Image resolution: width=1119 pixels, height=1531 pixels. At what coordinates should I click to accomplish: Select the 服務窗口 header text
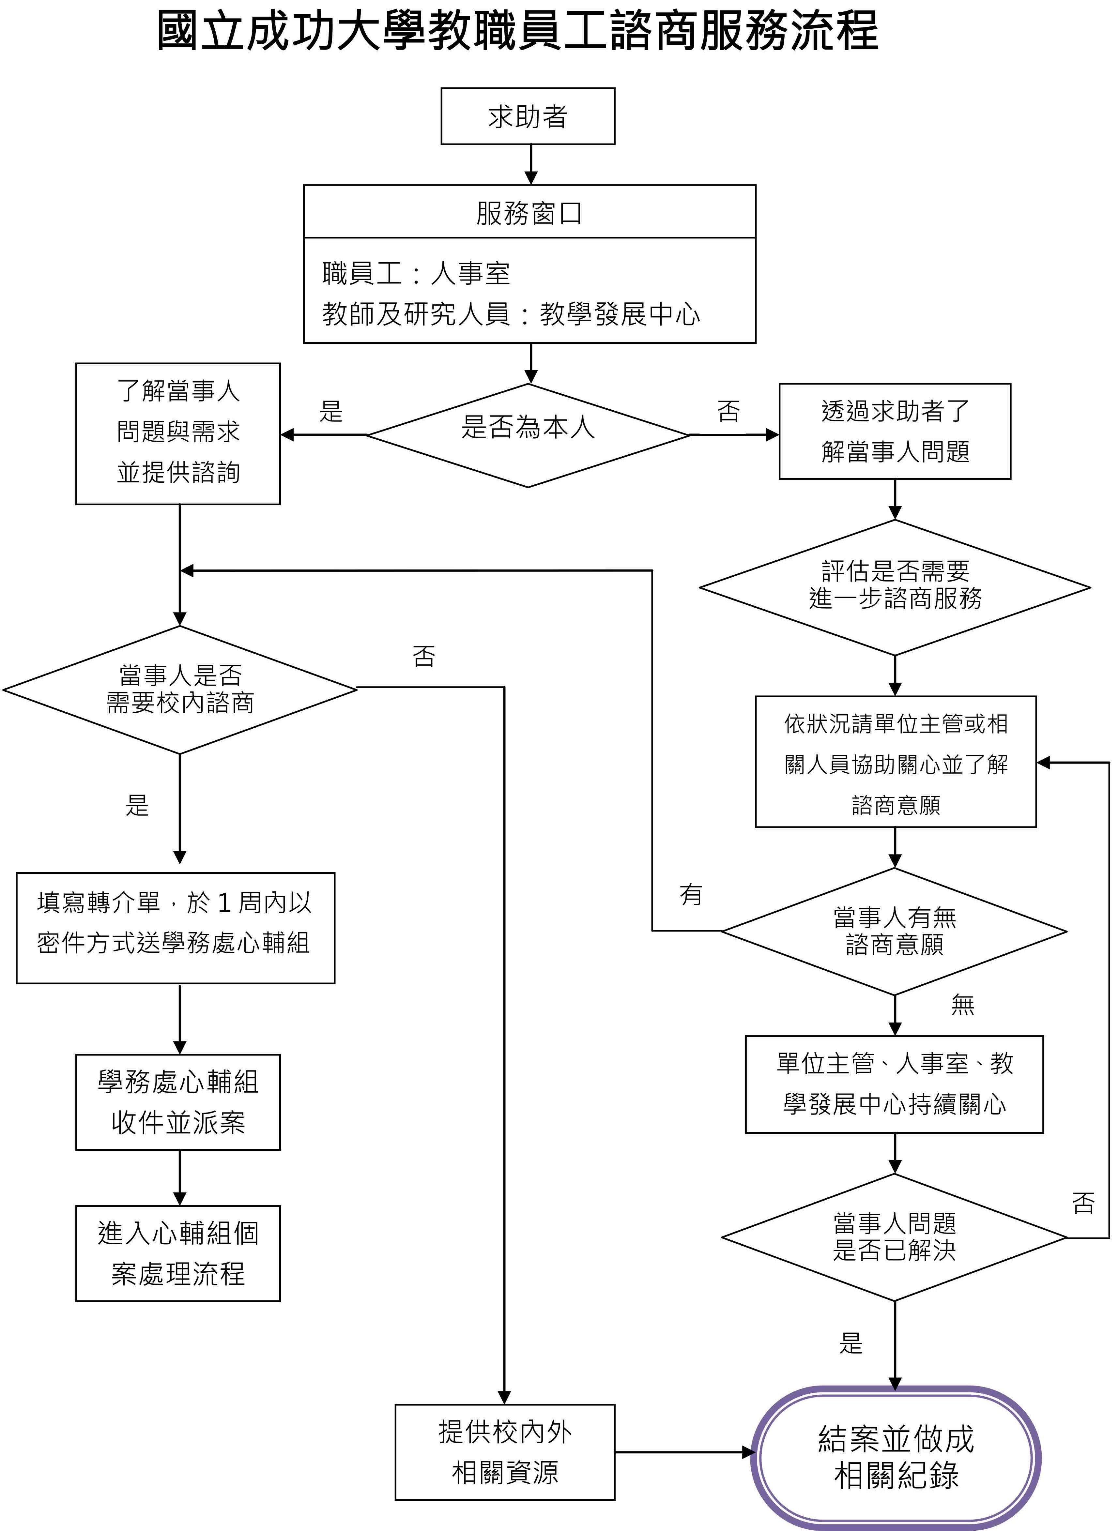click(x=529, y=213)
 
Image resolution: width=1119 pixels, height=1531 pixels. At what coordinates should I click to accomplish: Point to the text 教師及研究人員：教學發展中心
click(x=511, y=313)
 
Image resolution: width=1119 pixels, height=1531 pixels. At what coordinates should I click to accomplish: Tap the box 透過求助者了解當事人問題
click(x=895, y=431)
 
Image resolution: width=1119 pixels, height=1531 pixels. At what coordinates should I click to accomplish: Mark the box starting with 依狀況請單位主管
click(x=896, y=762)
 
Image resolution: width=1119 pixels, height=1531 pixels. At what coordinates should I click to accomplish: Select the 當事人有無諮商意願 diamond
click(x=894, y=931)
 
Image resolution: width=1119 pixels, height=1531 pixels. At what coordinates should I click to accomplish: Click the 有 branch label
click(x=691, y=894)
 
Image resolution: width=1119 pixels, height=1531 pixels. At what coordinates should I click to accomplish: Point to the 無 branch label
click(x=962, y=1004)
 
